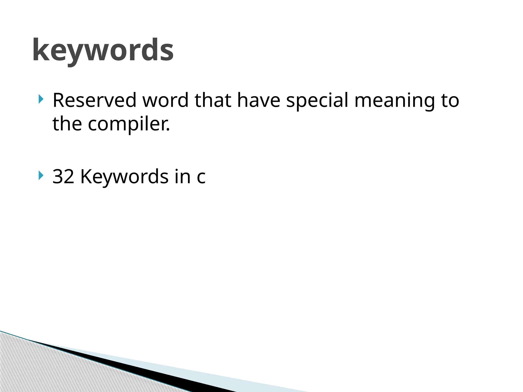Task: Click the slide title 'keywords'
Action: click(x=103, y=50)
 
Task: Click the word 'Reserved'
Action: click(x=94, y=100)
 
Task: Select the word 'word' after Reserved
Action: click(x=165, y=100)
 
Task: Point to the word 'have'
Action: click(x=259, y=100)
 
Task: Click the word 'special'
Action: click(x=317, y=101)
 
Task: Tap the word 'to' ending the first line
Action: click(x=450, y=100)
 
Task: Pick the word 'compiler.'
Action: click(x=129, y=124)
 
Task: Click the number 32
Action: click(x=63, y=176)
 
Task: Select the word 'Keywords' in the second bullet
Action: click(x=124, y=176)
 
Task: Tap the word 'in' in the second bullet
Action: click(x=183, y=176)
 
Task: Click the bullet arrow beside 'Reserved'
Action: click(x=41, y=99)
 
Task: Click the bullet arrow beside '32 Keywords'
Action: click(x=41, y=175)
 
